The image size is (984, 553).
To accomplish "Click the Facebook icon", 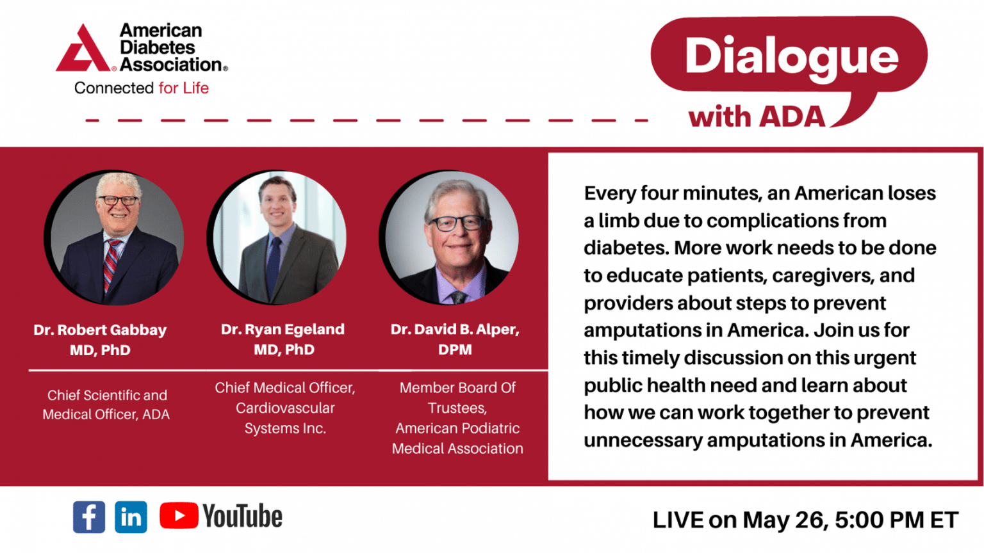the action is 89,517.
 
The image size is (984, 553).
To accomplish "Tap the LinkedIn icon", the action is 131,517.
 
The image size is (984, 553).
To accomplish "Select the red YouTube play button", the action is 179,516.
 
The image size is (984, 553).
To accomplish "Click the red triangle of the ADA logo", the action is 83,48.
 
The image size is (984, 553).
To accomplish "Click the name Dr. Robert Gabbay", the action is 100,330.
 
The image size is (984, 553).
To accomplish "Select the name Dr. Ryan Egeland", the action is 283,329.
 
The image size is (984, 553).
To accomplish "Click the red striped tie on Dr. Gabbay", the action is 111,266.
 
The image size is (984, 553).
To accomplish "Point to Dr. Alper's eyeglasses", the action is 457,223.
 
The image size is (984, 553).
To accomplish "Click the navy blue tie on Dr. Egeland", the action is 274,266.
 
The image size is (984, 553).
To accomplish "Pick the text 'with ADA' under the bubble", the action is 757,116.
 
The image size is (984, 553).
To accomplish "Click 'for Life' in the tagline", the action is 184,88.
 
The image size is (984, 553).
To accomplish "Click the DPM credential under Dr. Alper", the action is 455,350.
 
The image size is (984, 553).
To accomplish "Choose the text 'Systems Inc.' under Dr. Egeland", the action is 285,428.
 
